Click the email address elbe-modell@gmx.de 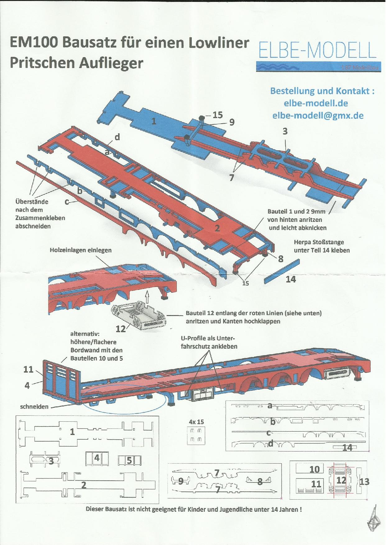[318, 116]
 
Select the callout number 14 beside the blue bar [291, 279]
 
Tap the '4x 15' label [196, 422]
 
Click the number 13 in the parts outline [364, 482]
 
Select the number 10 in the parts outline [315, 469]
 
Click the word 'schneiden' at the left [34, 406]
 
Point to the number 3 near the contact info [285, 131]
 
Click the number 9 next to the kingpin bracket [232, 122]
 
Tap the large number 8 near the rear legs [280, 259]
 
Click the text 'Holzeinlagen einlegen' [80, 250]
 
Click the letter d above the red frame [117, 137]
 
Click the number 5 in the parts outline [129, 460]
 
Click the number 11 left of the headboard [28, 369]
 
